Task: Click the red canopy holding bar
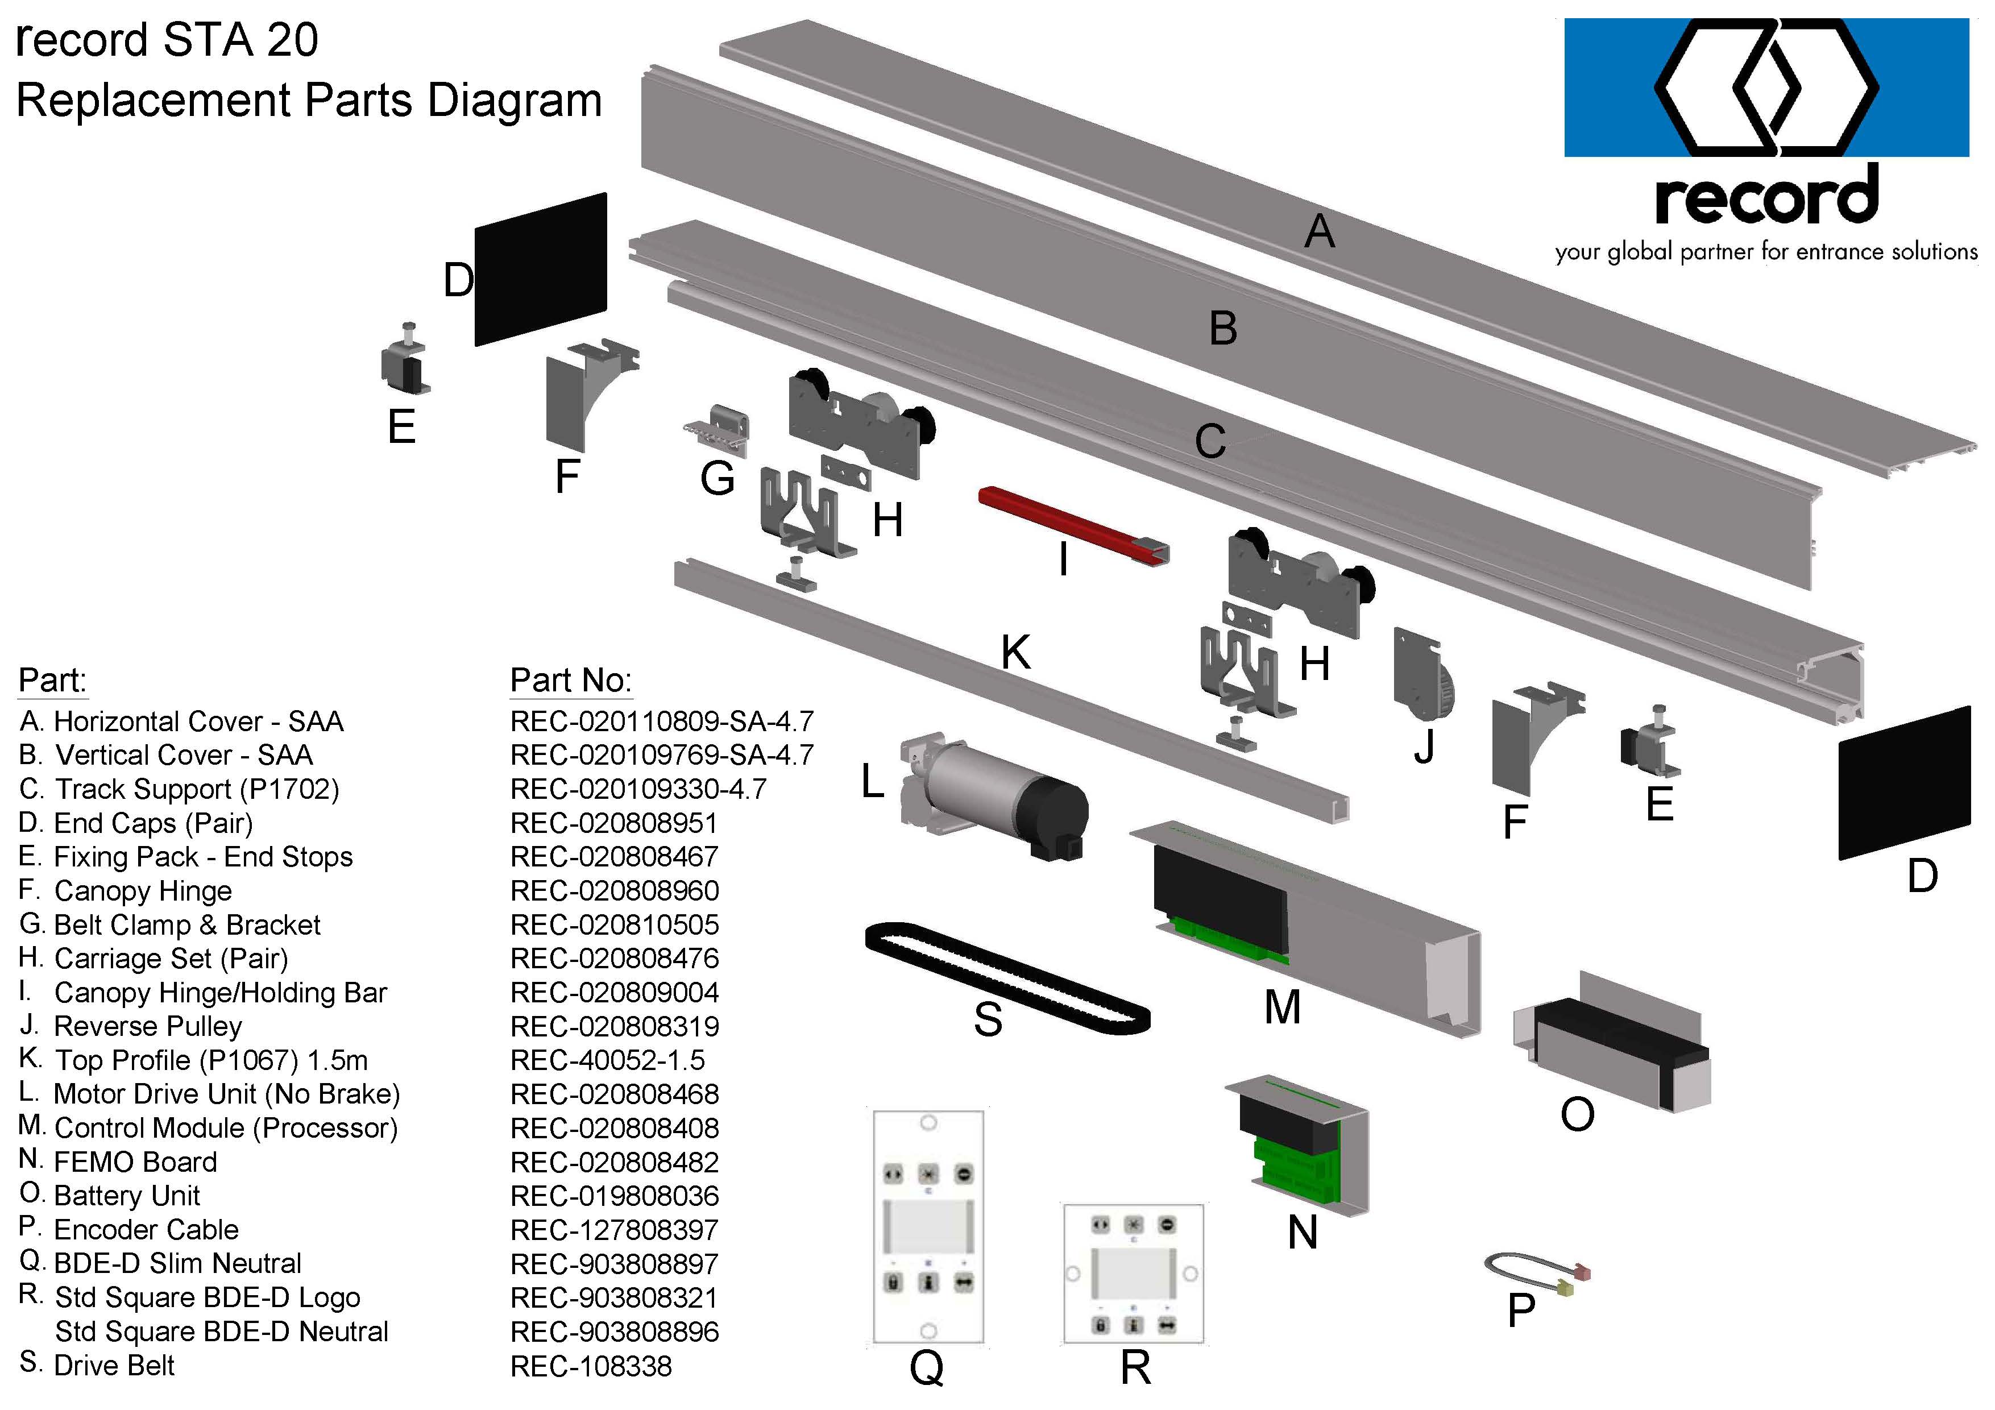click(1073, 525)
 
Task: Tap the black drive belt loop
click(1008, 977)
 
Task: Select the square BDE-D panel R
click(1133, 1273)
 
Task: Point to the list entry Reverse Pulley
click(148, 1027)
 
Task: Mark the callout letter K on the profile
click(1015, 652)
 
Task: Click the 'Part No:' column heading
click(571, 680)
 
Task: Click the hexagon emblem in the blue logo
click(1766, 87)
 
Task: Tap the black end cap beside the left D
click(541, 269)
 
